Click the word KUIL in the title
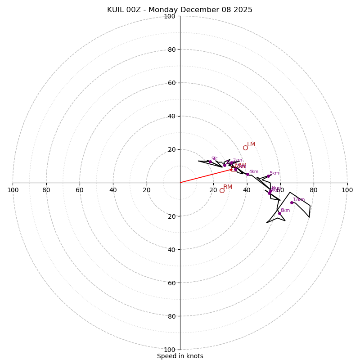pos(117,10)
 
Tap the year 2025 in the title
pos(243,10)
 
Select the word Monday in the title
pos(163,10)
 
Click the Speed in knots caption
pos(180,356)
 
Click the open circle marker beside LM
pos(245,148)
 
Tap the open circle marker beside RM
pos(222,190)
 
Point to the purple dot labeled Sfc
pos(210,162)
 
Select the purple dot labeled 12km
pos(292,202)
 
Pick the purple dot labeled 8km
pos(279,213)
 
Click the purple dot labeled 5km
pos(268,176)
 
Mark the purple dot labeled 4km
pos(247,174)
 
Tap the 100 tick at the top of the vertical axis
pos(170,16)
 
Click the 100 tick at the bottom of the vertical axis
pos(170,350)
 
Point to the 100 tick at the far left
pos(13,190)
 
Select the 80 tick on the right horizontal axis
pos(314,190)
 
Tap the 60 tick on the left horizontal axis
pos(80,190)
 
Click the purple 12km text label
pos(299,199)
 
